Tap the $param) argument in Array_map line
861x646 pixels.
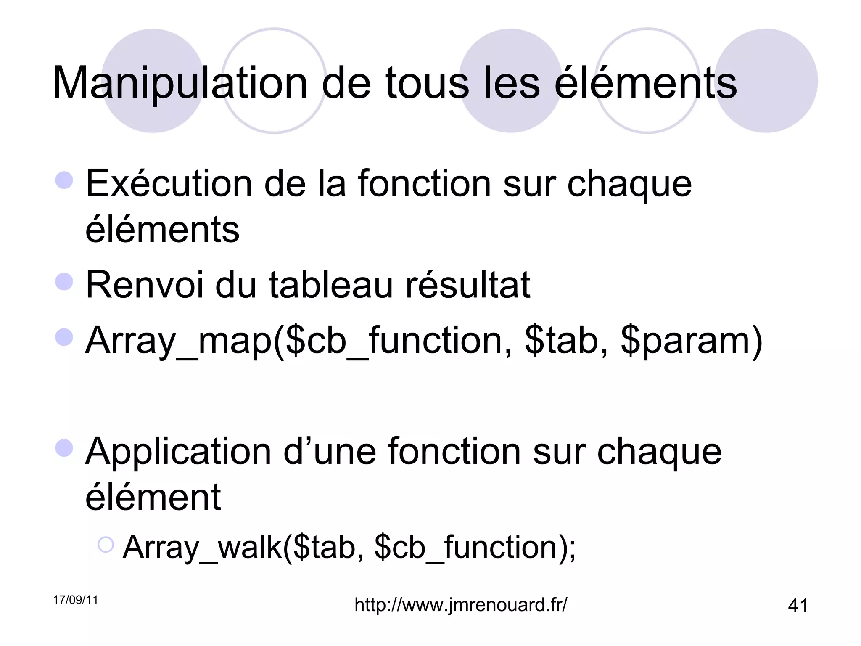pos(691,341)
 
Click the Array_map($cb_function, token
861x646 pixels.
pos(299,341)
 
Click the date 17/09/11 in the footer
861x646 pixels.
pos(75,600)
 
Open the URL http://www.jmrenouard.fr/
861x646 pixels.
pos(461,605)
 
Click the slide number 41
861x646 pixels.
pos(798,606)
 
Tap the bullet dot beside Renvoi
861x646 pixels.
pos(64,281)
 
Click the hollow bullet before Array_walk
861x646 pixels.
pos(105,545)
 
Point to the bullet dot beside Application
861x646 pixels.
pos(64,448)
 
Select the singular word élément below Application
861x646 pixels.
pos(153,498)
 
